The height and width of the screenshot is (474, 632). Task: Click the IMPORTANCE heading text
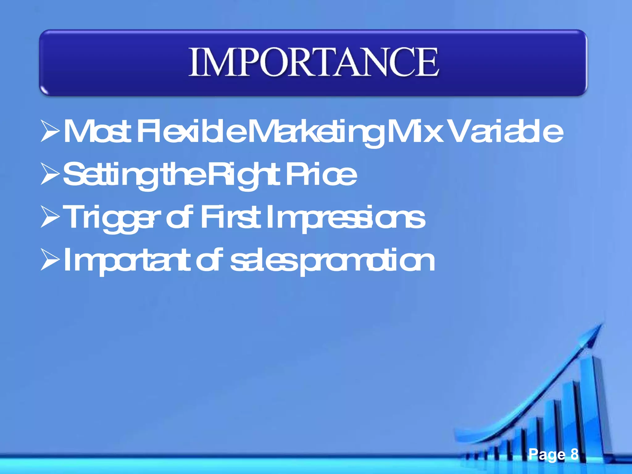pos(313,62)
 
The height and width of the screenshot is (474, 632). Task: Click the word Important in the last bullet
pos(127,261)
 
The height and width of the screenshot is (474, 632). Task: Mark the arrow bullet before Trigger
pos(50,218)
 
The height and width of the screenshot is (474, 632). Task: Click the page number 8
pos(574,454)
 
